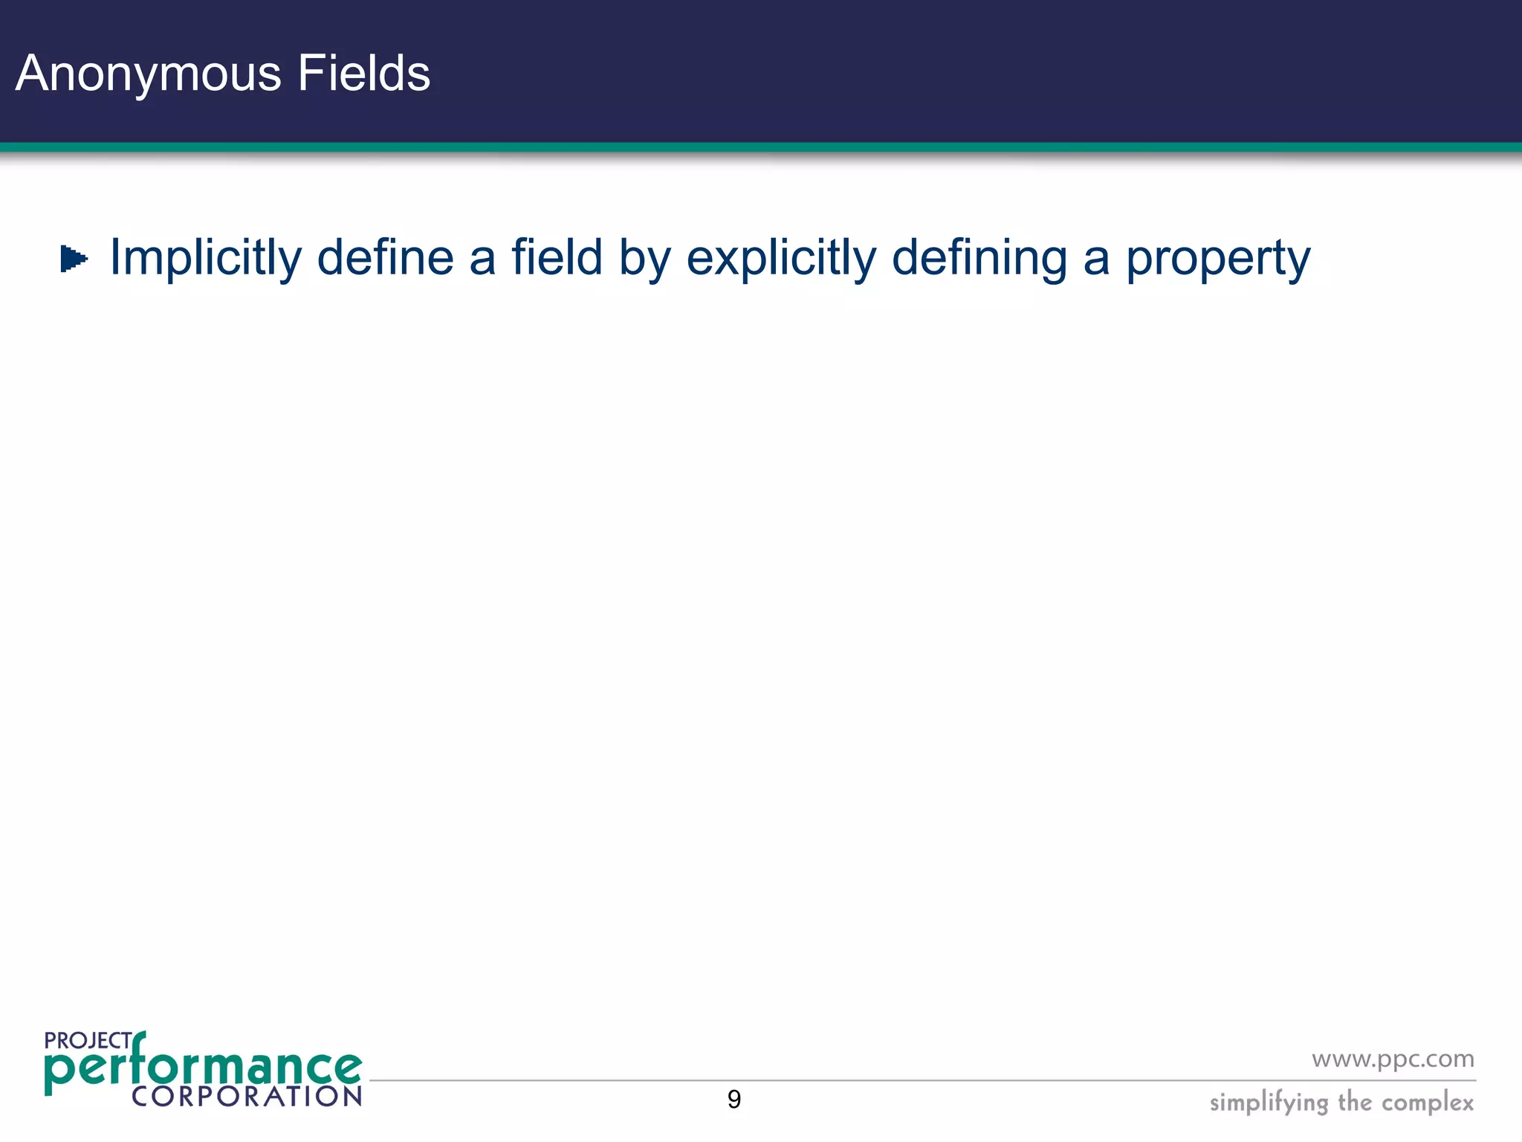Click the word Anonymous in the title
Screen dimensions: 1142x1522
pyautogui.click(x=149, y=74)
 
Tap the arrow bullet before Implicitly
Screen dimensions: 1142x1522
pyautogui.click(x=74, y=259)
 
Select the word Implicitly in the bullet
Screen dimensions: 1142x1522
pyautogui.click(x=206, y=258)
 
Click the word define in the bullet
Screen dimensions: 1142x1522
pyautogui.click(x=385, y=257)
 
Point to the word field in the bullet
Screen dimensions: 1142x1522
pyautogui.click(x=557, y=257)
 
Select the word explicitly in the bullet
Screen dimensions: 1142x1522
pyautogui.click(x=781, y=258)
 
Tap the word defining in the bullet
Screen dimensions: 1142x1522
pyautogui.click(x=979, y=258)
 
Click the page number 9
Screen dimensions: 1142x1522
pyautogui.click(x=734, y=1100)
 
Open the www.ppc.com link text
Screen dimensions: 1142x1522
pyautogui.click(x=1393, y=1059)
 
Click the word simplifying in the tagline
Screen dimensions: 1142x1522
pyautogui.click(x=1269, y=1103)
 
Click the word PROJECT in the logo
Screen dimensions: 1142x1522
pyautogui.click(x=88, y=1040)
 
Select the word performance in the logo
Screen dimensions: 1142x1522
pyautogui.click(x=202, y=1068)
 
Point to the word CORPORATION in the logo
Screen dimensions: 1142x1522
pyautogui.click(x=247, y=1097)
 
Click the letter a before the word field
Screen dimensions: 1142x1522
pyautogui.click(x=482, y=259)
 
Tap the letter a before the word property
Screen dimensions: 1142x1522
pyautogui.click(x=1096, y=259)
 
